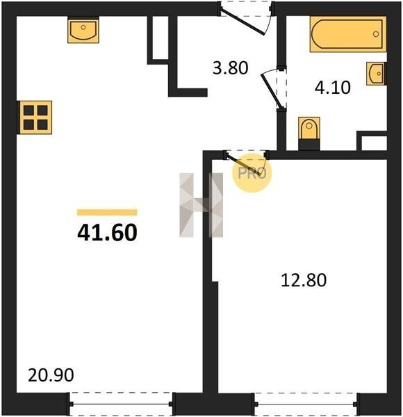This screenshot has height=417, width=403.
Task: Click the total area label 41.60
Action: tap(107, 232)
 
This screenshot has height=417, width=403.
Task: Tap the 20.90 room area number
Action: tap(51, 375)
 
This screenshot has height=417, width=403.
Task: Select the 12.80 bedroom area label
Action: tap(304, 280)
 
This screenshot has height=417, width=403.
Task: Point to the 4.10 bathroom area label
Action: tap(333, 88)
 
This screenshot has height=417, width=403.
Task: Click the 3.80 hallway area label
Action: tap(231, 68)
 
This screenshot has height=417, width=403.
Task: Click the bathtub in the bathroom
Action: tap(348, 34)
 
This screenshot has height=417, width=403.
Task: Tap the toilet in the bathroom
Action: tap(309, 133)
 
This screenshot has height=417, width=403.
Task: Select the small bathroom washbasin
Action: tap(376, 74)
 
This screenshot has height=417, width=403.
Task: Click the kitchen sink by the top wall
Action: tap(83, 30)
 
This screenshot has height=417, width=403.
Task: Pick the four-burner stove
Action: tap(35, 117)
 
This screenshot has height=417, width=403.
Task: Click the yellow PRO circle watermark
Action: tap(252, 173)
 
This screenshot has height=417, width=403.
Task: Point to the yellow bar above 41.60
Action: tap(107, 212)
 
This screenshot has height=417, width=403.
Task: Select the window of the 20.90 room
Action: tap(121, 404)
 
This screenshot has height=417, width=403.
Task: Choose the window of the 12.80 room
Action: tap(306, 404)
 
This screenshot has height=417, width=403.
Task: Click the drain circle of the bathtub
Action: tap(376, 34)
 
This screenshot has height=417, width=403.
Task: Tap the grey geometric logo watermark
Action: tap(201, 205)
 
